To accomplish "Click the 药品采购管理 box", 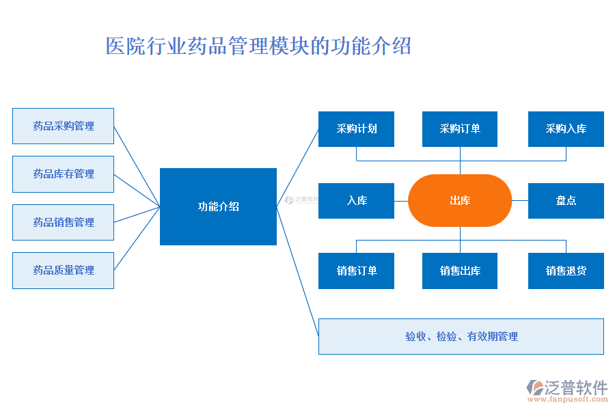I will coord(63,126).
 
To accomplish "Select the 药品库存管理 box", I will coord(63,174).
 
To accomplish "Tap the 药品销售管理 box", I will coord(63,222).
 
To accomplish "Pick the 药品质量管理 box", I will coord(63,270).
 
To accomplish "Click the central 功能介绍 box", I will coord(218,206).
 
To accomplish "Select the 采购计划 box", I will coord(356,128).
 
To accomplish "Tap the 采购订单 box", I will coord(460,128).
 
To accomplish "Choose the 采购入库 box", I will coord(566,128).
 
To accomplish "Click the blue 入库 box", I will coord(356,201).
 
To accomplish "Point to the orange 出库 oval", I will coord(460,201).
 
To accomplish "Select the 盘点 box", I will coord(566,201).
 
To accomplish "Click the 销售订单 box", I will coord(356,271).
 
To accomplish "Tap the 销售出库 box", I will coord(460,271).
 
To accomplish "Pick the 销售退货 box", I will coord(566,271).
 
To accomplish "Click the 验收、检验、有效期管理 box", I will coord(461,336).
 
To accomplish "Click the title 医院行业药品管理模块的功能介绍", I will coord(258,46).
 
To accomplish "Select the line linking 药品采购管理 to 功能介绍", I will coord(137,166).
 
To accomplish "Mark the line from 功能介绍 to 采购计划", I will coord(298,167).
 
